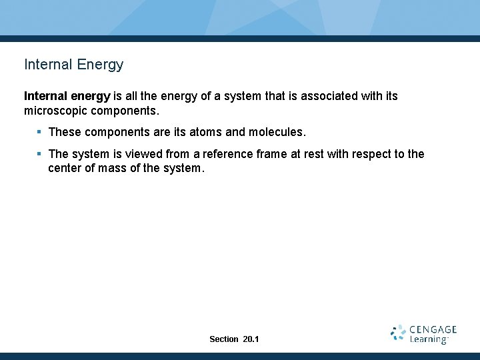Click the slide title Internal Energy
point(73,65)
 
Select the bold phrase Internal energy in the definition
point(67,96)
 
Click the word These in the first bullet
point(65,132)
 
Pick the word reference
point(228,155)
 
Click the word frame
point(272,155)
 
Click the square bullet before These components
point(40,132)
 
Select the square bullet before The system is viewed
point(40,154)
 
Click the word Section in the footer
point(223,339)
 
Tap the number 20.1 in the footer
point(251,339)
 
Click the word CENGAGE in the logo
point(433,329)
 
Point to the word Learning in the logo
point(428,340)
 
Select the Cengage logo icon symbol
point(398,333)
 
